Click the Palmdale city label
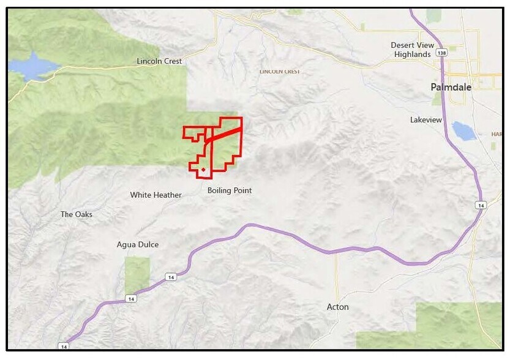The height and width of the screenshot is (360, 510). pyautogui.click(x=451, y=88)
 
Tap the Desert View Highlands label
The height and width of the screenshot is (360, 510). pyautogui.click(x=413, y=50)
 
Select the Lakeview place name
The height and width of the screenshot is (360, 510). pyautogui.click(x=426, y=120)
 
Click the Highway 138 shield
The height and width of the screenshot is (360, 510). pyautogui.click(x=441, y=54)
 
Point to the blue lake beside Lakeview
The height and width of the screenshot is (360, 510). pyautogui.click(x=463, y=130)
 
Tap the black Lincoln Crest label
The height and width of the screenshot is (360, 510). pyautogui.click(x=159, y=61)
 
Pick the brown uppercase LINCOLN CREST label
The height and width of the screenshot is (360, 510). pyautogui.click(x=279, y=72)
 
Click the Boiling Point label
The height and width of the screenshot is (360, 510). pyautogui.click(x=230, y=190)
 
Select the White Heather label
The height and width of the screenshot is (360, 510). pyautogui.click(x=156, y=195)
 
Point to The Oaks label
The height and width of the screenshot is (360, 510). pyautogui.click(x=76, y=214)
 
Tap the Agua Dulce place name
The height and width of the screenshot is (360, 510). pyautogui.click(x=138, y=245)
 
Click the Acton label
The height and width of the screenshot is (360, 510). pyautogui.click(x=337, y=307)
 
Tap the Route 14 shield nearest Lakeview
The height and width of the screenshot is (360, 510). pyautogui.click(x=481, y=206)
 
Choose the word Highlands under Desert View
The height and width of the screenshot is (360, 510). pyautogui.click(x=413, y=54)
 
